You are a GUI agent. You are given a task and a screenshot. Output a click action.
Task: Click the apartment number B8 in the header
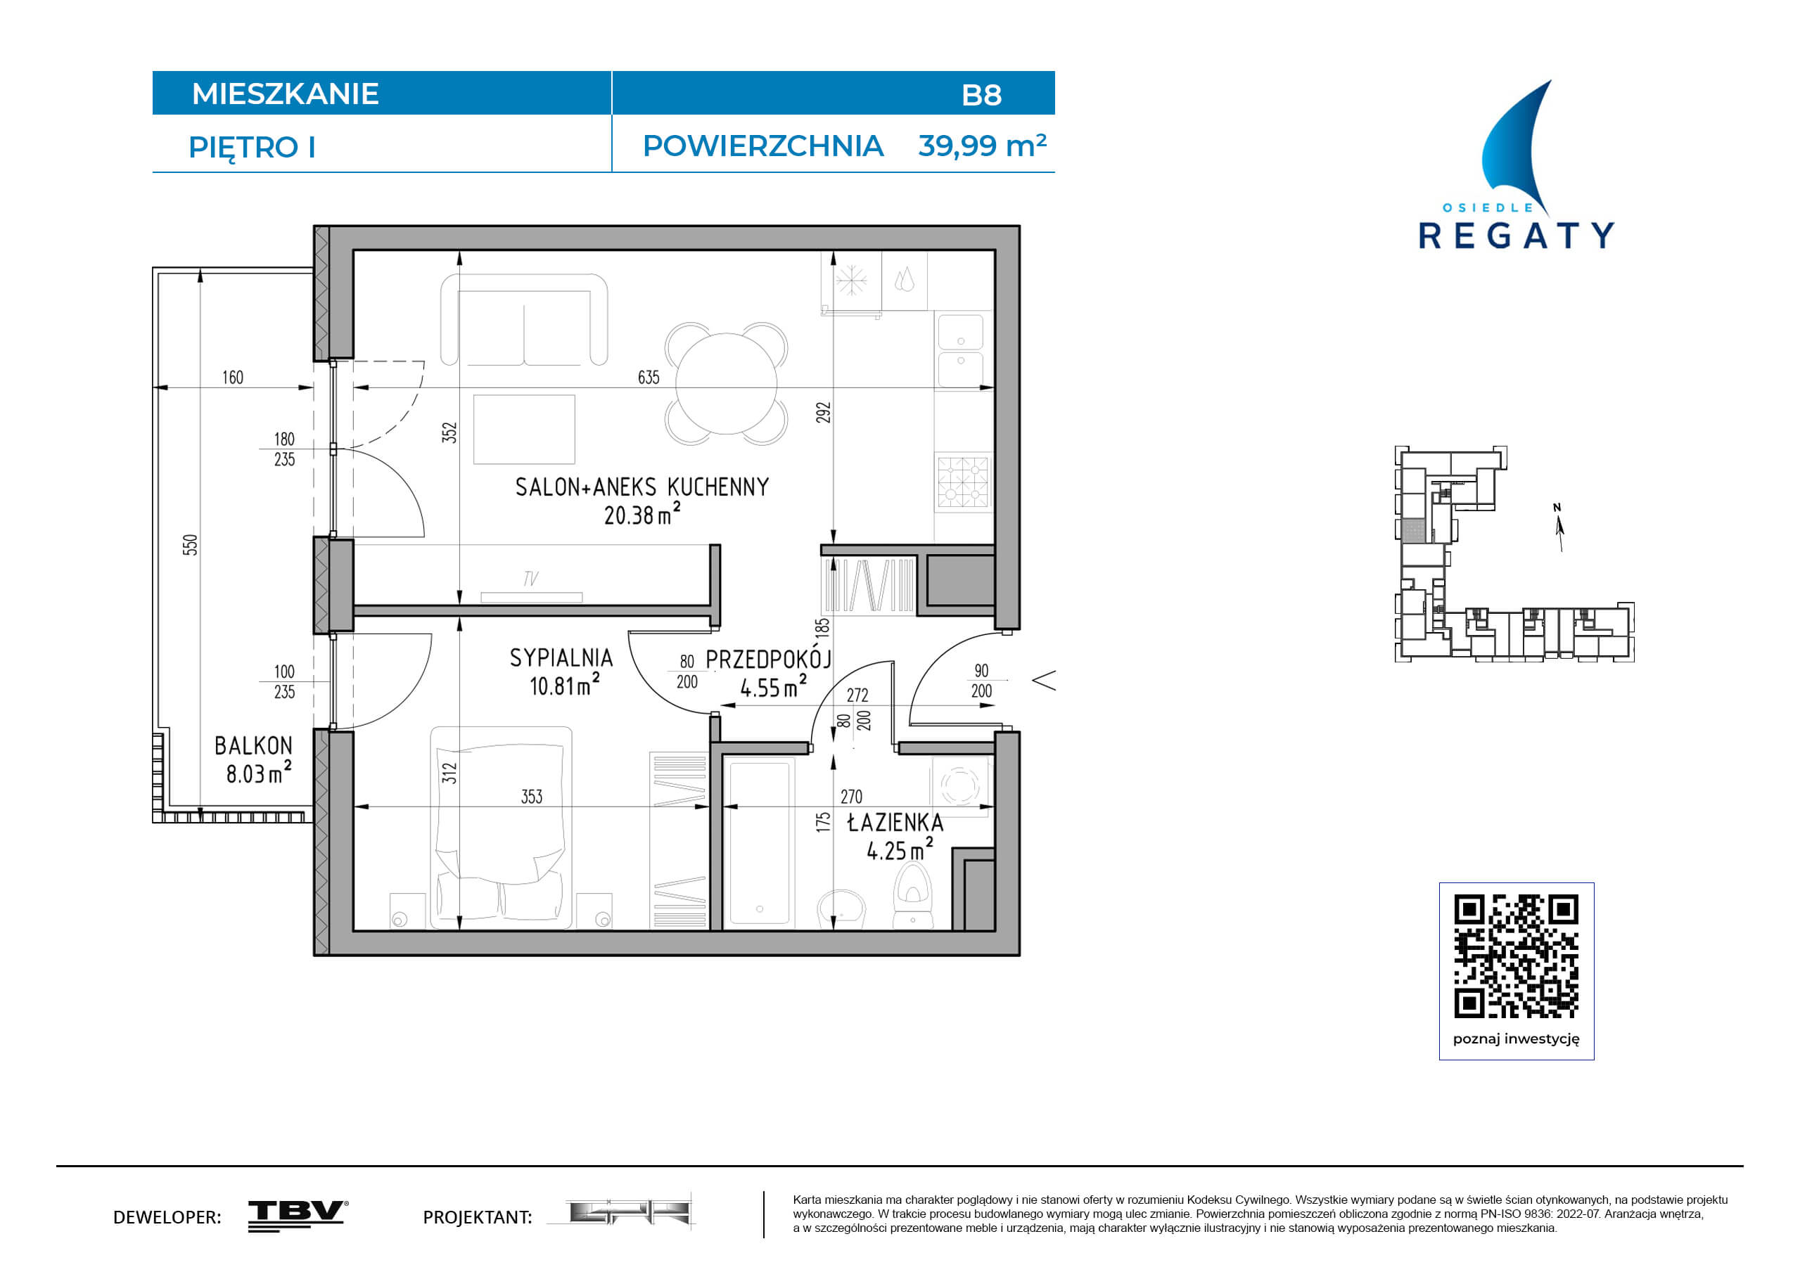[x=981, y=95]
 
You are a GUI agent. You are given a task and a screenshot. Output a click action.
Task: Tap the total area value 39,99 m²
[x=983, y=146]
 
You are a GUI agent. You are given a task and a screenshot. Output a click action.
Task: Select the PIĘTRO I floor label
[x=252, y=148]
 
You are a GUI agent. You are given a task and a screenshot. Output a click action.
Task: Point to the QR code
[x=1517, y=956]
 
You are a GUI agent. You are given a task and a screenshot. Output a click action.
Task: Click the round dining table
[x=726, y=383]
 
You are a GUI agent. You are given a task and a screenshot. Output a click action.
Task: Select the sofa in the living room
[x=524, y=320]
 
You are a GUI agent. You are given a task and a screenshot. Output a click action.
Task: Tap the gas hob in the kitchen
[x=964, y=481]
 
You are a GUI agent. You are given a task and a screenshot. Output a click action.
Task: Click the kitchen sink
[x=960, y=352]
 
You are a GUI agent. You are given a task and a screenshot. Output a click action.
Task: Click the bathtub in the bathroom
[x=759, y=843]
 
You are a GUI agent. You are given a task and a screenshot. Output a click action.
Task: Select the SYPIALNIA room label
[x=561, y=657]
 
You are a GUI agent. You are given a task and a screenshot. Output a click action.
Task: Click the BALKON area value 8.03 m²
[x=259, y=773]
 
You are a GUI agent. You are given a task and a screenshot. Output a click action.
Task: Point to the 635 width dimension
[x=649, y=378]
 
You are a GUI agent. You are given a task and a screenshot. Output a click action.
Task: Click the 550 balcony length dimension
[x=191, y=545]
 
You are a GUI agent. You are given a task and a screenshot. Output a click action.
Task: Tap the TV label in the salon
[x=531, y=579]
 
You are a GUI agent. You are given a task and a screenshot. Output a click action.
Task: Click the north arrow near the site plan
[x=1559, y=529]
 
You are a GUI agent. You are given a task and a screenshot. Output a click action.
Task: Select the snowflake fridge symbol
[x=851, y=280]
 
